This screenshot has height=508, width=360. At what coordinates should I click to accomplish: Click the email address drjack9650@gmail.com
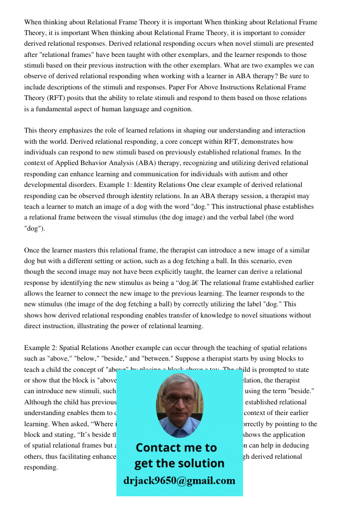point(179,481)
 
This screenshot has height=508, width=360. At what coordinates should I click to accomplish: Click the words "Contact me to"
point(176,448)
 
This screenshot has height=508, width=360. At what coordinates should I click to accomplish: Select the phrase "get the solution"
point(179,463)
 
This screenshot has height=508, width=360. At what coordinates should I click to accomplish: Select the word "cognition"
point(175,108)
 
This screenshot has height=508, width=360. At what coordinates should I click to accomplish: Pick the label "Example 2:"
point(41,348)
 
